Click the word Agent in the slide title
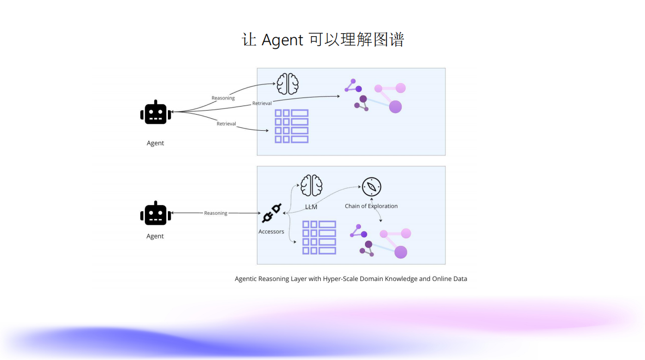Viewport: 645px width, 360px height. [x=283, y=40]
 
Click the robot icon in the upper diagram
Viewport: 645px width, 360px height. [x=155, y=113]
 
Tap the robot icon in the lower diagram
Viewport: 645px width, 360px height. [x=155, y=214]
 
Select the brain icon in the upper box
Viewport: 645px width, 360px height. [x=288, y=84]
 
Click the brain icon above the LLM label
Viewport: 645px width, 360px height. [x=311, y=186]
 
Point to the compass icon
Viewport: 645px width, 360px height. [x=372, y=187]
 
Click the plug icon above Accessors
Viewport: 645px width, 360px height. [x=272, y=213]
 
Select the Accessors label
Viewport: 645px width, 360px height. [x=271, y=232]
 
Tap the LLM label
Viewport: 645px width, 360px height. [x=311, y=207]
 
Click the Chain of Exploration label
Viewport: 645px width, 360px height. [x=371, y=206]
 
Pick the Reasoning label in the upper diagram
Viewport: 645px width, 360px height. [x=223, y=98]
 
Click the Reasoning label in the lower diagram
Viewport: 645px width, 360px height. [x=216, y=213]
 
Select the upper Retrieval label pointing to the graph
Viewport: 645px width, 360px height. [x=262, y=104]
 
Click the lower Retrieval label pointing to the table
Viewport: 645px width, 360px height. [x=226, y=124]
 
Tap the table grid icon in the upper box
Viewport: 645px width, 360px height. [x=292, y=126]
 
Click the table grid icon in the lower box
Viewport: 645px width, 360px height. [x=319, y=237]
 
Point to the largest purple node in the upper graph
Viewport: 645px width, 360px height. [x=395, y=107]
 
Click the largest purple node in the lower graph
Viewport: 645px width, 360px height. [x=401, y=252]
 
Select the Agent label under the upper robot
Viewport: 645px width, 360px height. [x=155, y=143]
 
